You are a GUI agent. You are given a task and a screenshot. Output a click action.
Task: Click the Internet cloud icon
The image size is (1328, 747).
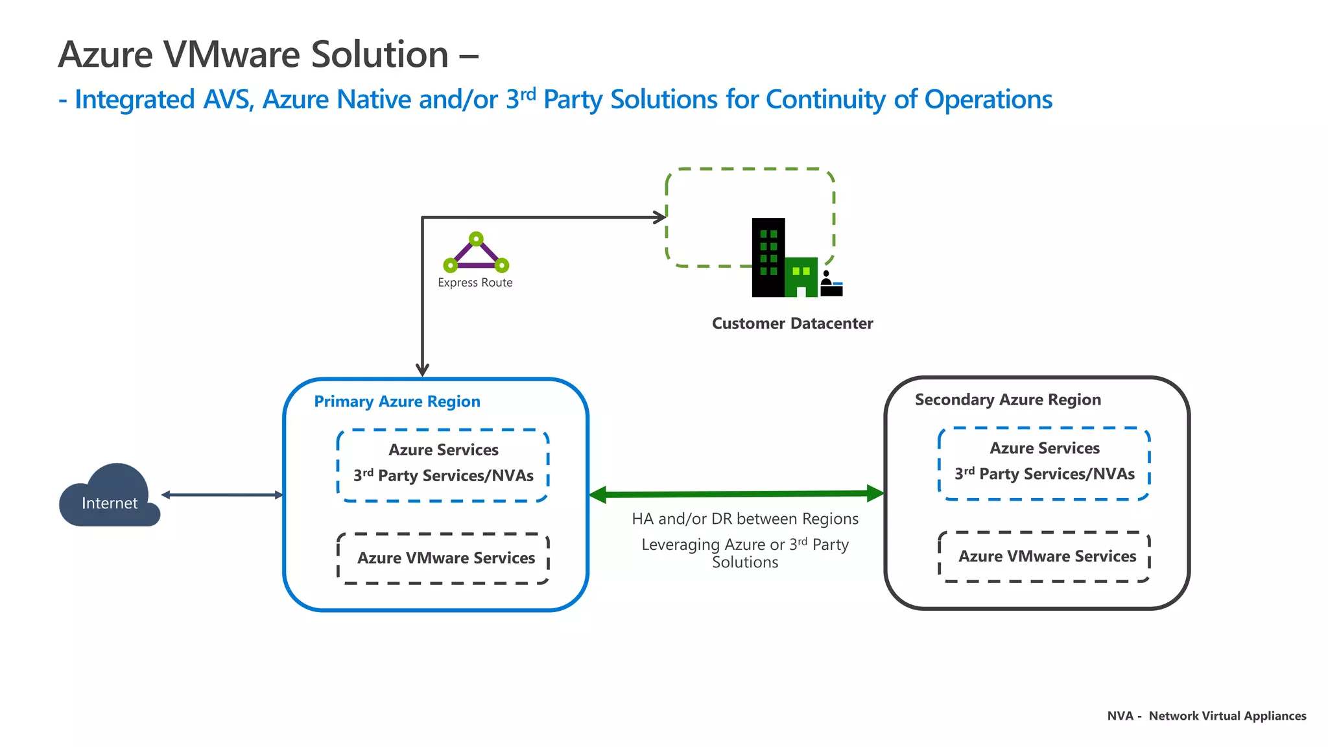pos(109,497)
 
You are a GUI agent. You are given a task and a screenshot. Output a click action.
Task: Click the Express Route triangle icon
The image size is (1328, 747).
pos(476,254)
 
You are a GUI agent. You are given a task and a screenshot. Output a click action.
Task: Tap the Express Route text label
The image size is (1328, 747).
pos(475,283)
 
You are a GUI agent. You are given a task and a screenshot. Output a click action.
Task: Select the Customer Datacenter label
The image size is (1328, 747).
pos(792,324)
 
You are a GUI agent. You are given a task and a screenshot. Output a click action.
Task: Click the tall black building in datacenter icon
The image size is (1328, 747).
pos(768,257)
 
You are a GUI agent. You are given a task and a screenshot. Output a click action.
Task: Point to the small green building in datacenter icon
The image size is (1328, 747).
pos(801,278)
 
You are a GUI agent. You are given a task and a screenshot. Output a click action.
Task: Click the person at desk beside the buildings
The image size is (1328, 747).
pos(830,285)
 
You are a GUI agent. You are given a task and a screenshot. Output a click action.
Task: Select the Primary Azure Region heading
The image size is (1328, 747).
pos(397,401)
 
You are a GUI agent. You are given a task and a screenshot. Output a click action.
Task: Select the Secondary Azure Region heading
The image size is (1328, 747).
pos(1008,399)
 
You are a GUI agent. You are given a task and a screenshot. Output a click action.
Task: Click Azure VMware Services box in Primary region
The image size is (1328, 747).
pos(445,558)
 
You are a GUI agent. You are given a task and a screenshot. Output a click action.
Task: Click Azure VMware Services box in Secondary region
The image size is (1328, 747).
pos(1047,556)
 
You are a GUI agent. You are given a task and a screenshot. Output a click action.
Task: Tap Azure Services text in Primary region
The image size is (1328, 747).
pos(444,450)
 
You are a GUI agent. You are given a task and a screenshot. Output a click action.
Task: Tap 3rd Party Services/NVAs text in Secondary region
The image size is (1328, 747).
pos(1045,474)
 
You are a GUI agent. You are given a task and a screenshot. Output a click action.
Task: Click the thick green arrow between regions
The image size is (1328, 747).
pos(736,494)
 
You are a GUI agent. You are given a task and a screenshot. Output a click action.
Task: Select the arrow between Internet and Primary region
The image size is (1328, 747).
pos(222,495)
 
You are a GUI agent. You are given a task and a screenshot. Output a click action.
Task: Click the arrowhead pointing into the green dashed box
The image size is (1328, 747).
pos(661,217)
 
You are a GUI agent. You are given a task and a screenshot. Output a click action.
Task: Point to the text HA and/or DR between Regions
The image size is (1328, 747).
pos(745,519)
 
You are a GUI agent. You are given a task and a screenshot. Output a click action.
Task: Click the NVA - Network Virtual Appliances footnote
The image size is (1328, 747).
pos(1206,716)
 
